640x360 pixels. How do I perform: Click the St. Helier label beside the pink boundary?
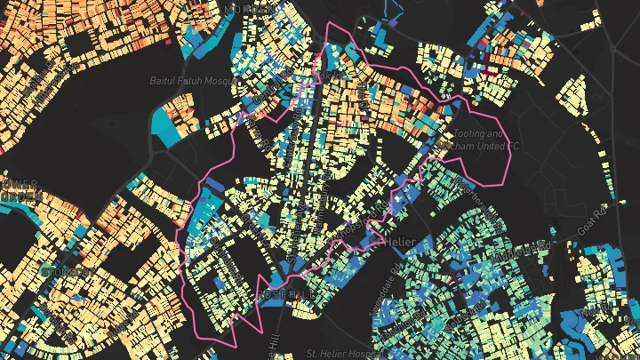click(x=402, y=240)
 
